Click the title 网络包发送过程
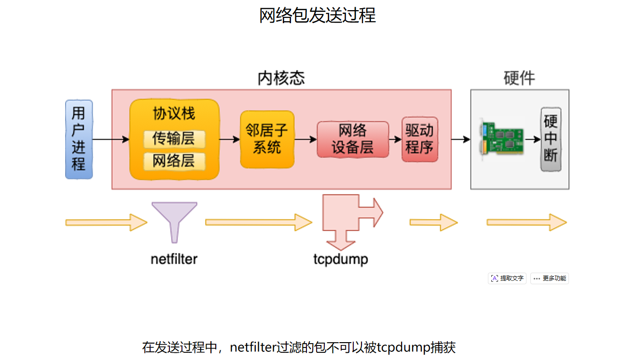point(318,15)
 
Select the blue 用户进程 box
point(79,139)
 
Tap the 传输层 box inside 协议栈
point(174,139)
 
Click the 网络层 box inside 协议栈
point(174,161)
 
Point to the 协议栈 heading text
point(174,114)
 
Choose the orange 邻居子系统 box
point(267,139)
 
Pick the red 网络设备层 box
point(353,139)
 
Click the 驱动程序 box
point(419,139)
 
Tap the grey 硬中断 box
point(551,139)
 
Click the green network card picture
point(501,139)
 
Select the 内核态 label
point(281,78)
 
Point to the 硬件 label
point(519,78)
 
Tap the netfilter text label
point(174,259)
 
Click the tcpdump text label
point(341,259)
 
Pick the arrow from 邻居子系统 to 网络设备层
point(305,139)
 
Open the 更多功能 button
point(550,278)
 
